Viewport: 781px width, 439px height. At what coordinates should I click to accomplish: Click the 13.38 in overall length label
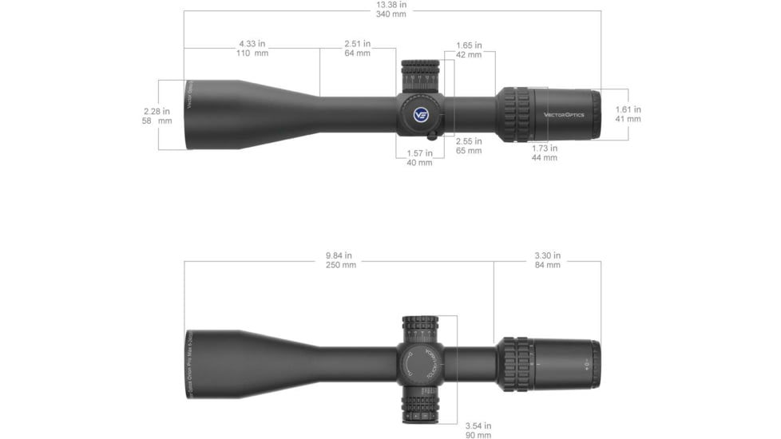tap(391, 5)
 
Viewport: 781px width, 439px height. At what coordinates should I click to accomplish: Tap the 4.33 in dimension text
tap(252, 43)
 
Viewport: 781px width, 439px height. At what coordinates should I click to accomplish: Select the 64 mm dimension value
tap(357, 53)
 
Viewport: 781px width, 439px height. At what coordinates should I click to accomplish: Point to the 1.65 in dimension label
tap(469, 45)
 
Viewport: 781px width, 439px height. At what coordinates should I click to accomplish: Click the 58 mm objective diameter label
tap(157, 121)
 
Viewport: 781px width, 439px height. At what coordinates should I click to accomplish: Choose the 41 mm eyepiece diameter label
tap(628, 119)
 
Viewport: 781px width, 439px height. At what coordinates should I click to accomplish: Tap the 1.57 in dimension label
tap(419, 152)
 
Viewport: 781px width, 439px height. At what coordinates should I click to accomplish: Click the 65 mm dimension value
tap(469, 150)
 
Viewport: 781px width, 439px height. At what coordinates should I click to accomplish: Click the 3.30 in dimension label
tap(547, 255)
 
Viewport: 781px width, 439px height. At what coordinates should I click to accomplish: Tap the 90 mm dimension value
tap(478, 435)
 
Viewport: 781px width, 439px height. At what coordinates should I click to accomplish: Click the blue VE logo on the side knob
tap(421, 114)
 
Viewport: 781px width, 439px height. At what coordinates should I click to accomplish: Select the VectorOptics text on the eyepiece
tap(564, 114)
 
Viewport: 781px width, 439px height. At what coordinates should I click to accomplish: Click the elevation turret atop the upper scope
tap(420, 74)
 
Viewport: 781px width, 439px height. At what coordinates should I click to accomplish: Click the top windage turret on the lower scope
tap(421, 330)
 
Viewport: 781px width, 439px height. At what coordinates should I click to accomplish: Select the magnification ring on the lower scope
tap(516, 365)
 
